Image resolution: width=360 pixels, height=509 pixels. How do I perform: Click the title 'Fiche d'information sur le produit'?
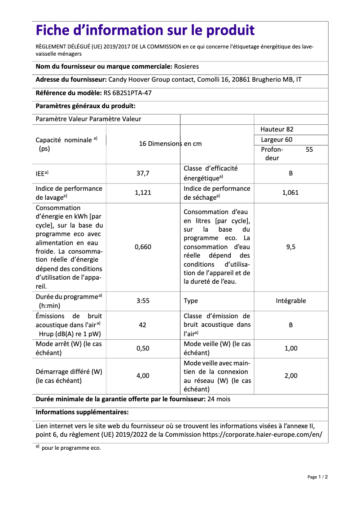[145, 31]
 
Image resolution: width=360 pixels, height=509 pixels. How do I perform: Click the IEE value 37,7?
[143, 173]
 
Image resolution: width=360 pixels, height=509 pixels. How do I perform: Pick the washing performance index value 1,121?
[143, 193]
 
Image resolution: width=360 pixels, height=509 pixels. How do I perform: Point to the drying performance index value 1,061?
[290, 193]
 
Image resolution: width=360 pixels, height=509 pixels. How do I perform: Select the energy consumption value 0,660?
[143, 247]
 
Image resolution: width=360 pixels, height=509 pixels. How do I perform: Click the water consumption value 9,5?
[290, 247]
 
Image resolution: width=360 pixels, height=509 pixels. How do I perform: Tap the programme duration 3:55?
[143, 301]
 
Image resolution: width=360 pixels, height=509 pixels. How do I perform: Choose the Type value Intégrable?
[290, 301]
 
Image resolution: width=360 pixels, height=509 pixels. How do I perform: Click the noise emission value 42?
[143, 325]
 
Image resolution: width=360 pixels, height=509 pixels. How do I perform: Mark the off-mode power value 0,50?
[143, 348]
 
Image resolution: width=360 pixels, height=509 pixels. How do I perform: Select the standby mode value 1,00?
[290, 348]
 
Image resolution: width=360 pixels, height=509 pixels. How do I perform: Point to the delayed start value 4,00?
[143, 376]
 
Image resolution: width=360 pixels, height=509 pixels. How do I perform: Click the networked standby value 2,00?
[290, 376]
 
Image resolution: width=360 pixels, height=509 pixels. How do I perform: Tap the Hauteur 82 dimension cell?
[277, 129]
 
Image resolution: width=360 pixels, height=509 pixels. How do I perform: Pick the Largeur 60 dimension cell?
[277, 140]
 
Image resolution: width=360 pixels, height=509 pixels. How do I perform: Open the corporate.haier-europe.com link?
[262, 434]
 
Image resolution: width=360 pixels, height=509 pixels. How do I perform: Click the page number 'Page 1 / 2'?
[317, 477]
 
